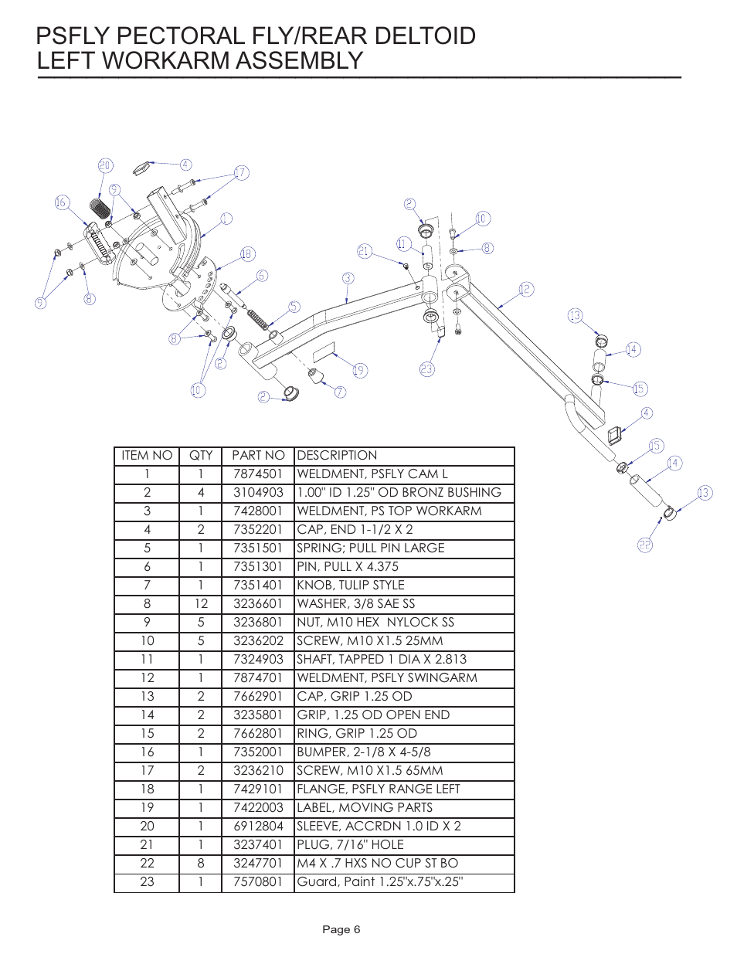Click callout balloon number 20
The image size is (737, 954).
pos(105,165)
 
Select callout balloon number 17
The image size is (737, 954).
pos(241,172)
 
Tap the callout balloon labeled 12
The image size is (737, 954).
pos(526,289)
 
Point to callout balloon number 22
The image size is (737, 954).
pos(645,545)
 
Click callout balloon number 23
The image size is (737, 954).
pos(427,369)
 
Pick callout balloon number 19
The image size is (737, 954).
pos(359,370)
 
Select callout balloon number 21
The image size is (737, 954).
pos(365,251)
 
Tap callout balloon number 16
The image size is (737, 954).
pos(63,202)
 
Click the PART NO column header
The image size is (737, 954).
pos(258,456)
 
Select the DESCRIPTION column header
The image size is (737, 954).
pos(337,456)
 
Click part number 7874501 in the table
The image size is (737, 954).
pos(258,474)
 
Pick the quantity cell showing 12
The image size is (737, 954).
pos(200,604)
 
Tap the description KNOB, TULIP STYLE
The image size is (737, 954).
pos(350,586)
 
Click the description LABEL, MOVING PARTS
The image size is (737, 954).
pos(364,808)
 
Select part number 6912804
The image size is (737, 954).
pos(258,827)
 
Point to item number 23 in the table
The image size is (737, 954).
pos(147,882)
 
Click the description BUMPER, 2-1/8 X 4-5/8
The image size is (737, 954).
pos(363,752)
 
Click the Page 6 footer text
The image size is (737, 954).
pos(341,929)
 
